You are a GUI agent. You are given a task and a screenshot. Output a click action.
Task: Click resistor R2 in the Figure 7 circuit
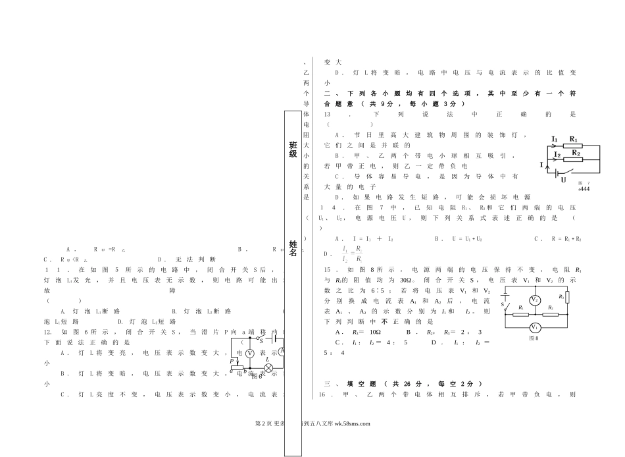(576, 159)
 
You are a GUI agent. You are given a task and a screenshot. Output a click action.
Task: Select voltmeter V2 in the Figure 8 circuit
(535, 300)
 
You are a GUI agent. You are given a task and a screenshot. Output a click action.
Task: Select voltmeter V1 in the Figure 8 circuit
(535, 327)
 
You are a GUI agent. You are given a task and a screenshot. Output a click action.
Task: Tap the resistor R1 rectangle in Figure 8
(520, 314)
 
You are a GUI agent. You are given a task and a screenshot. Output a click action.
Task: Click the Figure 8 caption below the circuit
(534, 338)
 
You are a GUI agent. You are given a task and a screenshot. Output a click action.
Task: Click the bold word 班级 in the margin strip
(293, 149)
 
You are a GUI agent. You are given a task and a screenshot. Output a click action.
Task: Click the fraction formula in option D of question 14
(353, 254)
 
